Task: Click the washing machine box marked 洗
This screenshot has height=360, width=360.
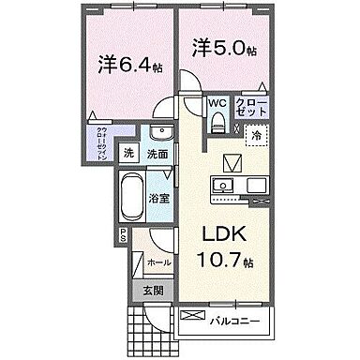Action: (x=130, y=154)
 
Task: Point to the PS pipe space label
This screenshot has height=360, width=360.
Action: (x=121, y=239)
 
